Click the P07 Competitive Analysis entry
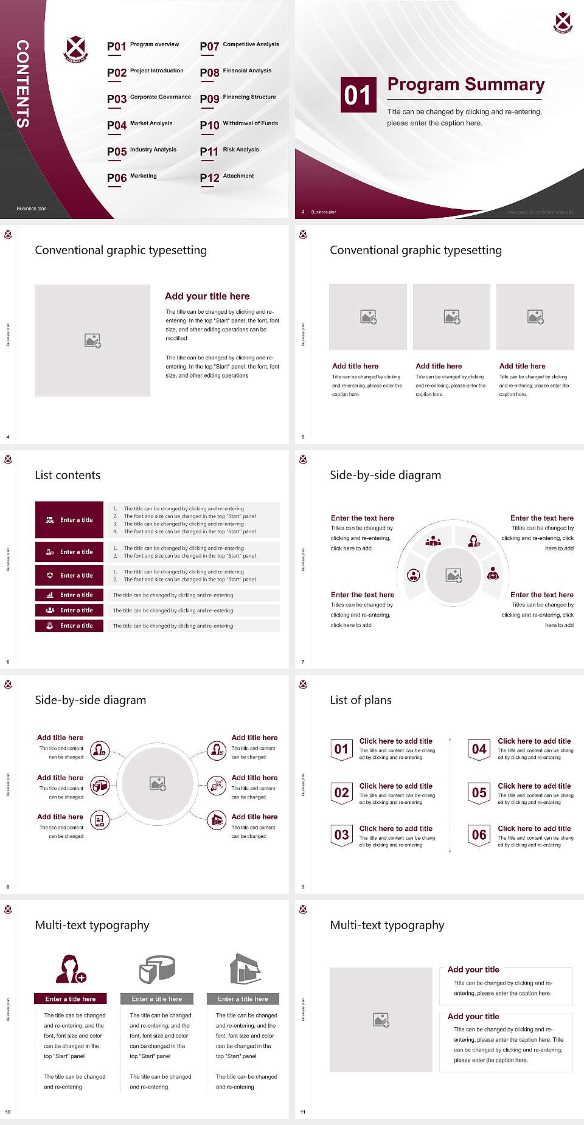(240, 46)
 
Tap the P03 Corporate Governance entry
(149, 99)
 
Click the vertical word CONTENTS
(23, 84)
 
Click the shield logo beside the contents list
(76, 49)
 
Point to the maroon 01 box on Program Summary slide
(358, 95)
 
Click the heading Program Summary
(466, 85)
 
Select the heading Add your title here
(207, 296)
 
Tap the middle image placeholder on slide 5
(451, 317)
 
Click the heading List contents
(68, 475)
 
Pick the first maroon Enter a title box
(69, 520)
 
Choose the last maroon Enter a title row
(69, 626)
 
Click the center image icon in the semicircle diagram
(454, 575)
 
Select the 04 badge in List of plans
(479, 749)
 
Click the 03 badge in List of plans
(341, 835)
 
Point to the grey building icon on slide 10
(245, 969)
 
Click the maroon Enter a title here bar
(71, 999)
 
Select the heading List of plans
(361, 700)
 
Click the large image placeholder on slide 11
(381, 1020)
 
